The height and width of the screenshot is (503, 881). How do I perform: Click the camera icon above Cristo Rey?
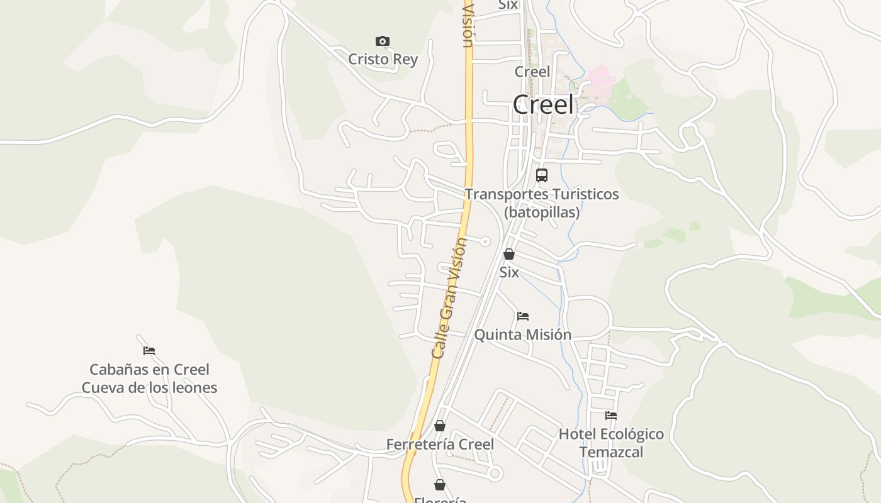point(382,41)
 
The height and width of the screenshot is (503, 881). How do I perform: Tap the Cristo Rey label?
point(383,59)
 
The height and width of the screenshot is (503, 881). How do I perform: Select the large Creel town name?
point(543,104)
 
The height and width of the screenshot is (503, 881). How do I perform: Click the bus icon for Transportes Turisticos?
point(541,175)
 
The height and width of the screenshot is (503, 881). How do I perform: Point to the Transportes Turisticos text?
point(542,194)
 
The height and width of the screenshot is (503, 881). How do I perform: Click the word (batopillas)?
point(542,212)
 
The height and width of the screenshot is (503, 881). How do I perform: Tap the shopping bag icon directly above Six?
point(508,254)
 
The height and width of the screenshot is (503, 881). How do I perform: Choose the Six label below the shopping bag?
point(508,272)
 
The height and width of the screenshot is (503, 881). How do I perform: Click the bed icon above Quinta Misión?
point(522,316)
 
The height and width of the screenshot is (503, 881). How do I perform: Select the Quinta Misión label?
point(522,334)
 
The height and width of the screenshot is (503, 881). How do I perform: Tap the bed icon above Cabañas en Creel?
point(149,351)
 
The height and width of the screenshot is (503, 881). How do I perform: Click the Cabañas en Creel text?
point(149,370)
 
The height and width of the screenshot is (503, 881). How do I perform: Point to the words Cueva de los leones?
point(149,387)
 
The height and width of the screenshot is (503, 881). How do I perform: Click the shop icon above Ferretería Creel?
point(440,426)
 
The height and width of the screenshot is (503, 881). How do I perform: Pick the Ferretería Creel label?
point(440,445)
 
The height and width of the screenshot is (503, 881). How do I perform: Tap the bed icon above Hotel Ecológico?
point(610,416)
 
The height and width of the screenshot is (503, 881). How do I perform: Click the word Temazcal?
point(611,452)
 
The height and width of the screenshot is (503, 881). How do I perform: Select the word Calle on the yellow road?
point(439,346)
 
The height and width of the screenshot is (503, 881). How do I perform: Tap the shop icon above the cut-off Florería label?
point(440,485)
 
